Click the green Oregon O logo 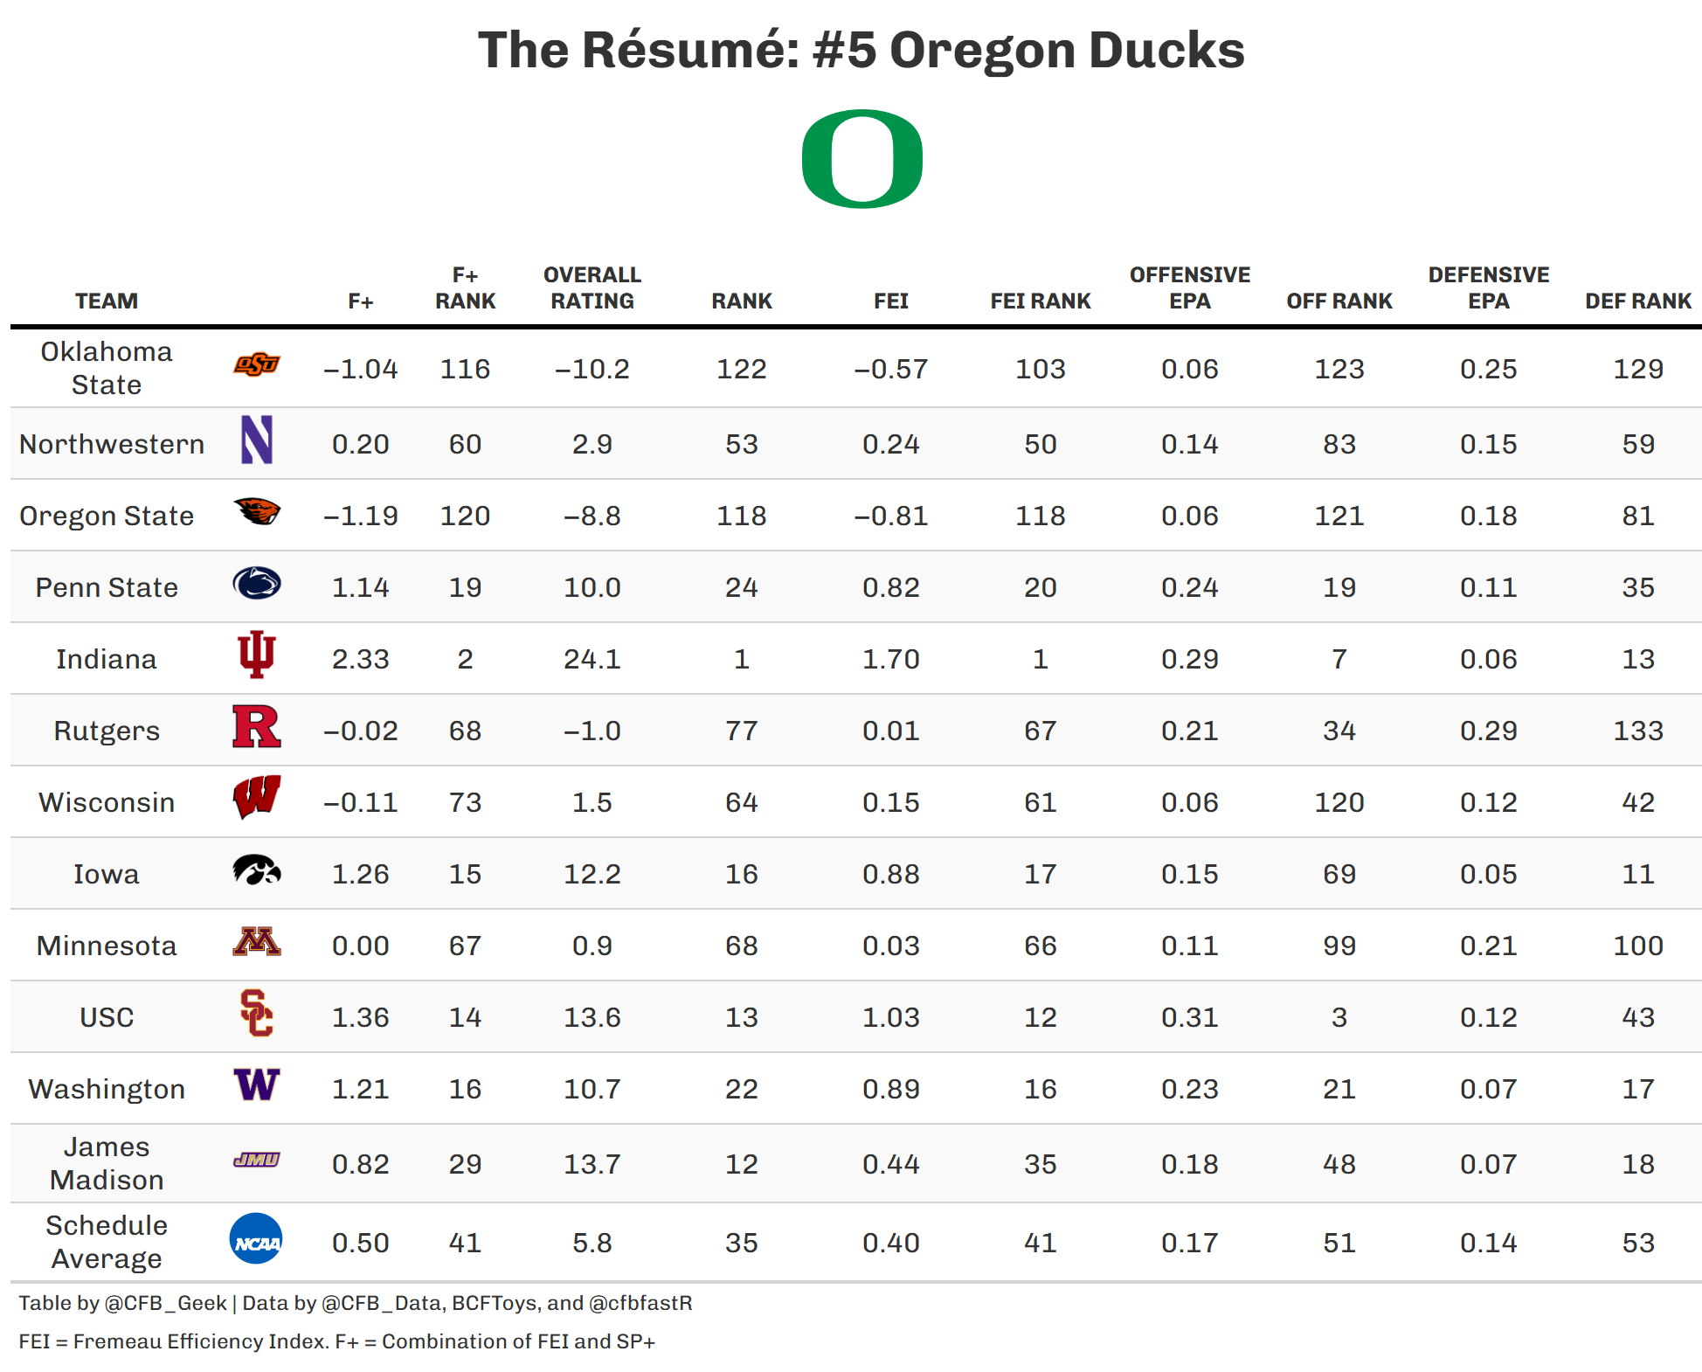pyautogui.click(x=861, y=159)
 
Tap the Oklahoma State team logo pyautogui.click(x=256, y=365)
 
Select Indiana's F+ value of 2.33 pyautogui.click(x=360, y=659)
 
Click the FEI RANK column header pyautogui.click(x=1040, y=301)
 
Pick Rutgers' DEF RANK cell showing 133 pyautogui.click(x=1637, y=731)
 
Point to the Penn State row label pyautogui.click(x=107, y=587)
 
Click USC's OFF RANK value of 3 pyautogui.click(x=1339, y=1017)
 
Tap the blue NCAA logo pyautogui.click(x=256, y=1239)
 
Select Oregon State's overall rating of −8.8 pyautogui.click(x=592, y=516)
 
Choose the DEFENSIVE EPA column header pyautogui.click(x=1488, y=288)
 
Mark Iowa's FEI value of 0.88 pyautogui.click(x=890, y=874)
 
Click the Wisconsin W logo pyautogui.click(x=256, y=797)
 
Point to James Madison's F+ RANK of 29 pyautogui.click(x=465, y=1164)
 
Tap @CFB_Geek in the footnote pyautogui.click(x=165, y=1303)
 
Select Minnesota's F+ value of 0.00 pyautogui.click(x=360, y=946)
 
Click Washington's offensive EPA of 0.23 pyautogui.click(x=1189, y=1089)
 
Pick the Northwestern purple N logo pyautogui.click(x=256, y=440)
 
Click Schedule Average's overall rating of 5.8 pyautogui.click(x=592, y=1243)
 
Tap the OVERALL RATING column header pyautogui.click(x=592, y=288)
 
